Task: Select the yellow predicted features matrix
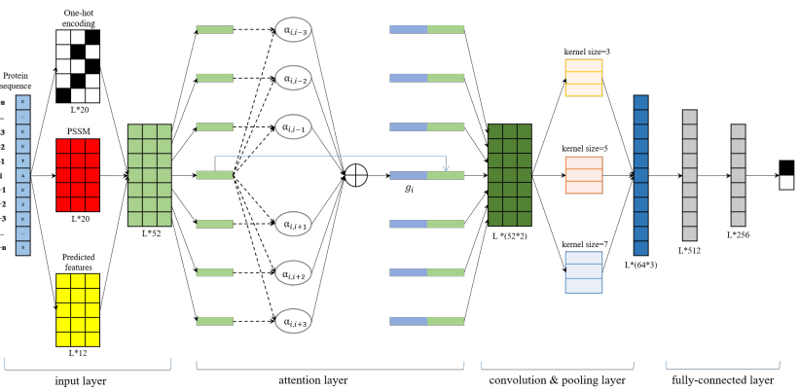pyautogui.click(x=78, y=309)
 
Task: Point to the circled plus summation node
pyautogui.click(x=356, y=176)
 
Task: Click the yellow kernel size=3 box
pyautogui.click(x=584, y=77)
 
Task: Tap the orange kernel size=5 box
pyautogui.click(x=584, y=175)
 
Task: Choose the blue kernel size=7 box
pyautogui.click(x=584, y=271)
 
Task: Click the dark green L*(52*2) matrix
pyautogui.click(x=509, y=176)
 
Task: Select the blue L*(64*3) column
pyautogui.click(x=640, y=175)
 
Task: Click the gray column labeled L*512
pyautogui.click(x=690, y=175)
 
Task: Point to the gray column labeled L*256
pyautogui.click(x=739, y=175)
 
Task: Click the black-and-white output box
pyautogui.click(x=785, y=175)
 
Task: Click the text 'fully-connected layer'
pyautogui.click(x=723, y=381)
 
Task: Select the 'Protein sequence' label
pyautogui.click(x=17, y=80)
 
